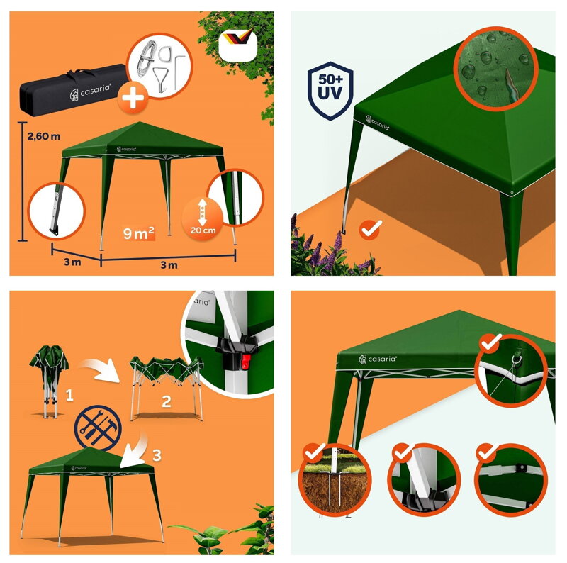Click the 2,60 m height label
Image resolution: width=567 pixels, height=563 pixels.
pos(44,136)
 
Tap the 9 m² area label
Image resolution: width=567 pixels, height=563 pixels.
pos(138,233)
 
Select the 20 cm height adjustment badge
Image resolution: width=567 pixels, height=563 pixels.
pos(203,218)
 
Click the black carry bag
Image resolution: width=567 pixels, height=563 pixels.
pos(74,91)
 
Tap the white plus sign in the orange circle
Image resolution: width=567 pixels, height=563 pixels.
pos(133,98)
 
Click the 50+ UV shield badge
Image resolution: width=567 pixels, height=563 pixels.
pos(330,91)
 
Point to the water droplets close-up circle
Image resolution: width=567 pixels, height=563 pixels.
pos(496,68)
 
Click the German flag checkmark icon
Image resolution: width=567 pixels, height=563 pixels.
pos(237,45)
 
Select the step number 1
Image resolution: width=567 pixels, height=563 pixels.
pos(69,395)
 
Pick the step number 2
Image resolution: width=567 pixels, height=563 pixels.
pos(167,401)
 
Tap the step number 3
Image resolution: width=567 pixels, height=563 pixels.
pos(157,455)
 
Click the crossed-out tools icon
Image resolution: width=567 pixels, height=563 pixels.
pos(98,428)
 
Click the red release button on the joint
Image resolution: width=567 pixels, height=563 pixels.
pos(246,362)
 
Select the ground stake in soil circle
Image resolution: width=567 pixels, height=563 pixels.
pos(335,481)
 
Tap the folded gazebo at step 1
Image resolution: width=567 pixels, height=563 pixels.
pos(49,381)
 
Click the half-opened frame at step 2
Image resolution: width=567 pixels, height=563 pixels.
pos(167,388)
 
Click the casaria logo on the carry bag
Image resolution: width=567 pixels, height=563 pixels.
pos(91,91)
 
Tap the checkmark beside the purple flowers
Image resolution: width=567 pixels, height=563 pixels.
pos(371,230)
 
